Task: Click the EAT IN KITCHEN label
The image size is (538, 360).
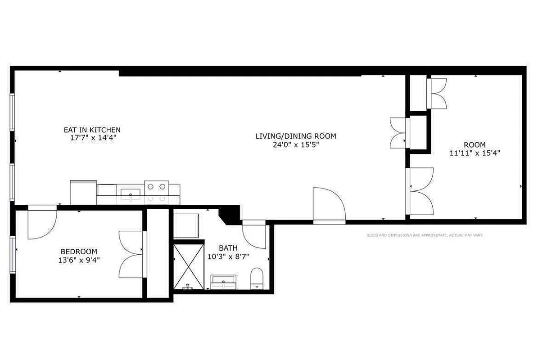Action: coord(92,130)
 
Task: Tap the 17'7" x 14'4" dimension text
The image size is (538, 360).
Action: coord(92,138)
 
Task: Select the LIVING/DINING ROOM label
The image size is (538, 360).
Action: coord(296,136)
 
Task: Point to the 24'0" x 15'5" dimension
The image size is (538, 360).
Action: coord(296,144)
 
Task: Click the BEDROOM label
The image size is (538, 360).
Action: coord(79,251)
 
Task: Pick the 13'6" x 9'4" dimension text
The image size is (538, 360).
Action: coord(79,260)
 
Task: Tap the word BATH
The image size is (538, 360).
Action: coord(228,248)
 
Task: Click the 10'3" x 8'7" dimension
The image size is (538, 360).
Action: coord(228,256)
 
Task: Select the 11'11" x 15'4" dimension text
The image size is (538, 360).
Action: coord(475,153)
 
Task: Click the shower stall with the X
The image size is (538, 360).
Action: coord(188,266)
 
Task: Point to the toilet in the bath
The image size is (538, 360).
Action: coord(257,278)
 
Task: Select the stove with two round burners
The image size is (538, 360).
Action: coord(157,191)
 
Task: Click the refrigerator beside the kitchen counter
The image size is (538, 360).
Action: coord(83,192)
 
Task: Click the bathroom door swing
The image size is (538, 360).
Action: coord(254,234)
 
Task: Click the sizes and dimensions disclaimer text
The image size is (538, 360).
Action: coord(425,235)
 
